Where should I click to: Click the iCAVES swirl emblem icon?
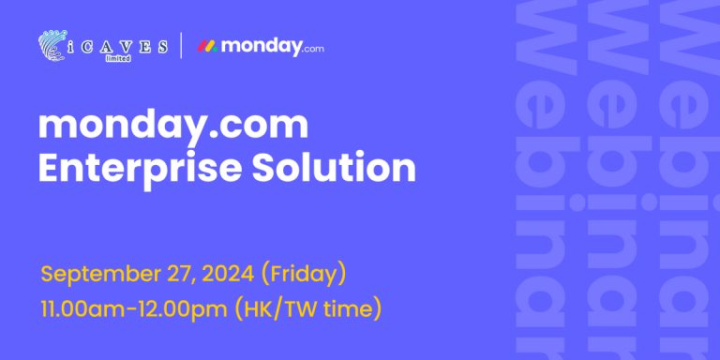[52, 45]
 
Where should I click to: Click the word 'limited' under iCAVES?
[118, 58]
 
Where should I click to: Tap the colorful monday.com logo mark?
[207, 46]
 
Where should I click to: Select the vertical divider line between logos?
[181, 45]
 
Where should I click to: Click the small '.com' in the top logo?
[313, 48]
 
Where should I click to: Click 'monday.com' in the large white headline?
[173, 127]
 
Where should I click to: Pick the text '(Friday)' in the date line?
[303, 275]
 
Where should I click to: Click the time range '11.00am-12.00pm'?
[134, 309]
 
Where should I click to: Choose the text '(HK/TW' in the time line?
[276, 309]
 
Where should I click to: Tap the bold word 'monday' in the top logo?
[261, 47]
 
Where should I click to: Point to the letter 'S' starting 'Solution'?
[262, 167]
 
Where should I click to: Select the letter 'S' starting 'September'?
[47, 274]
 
